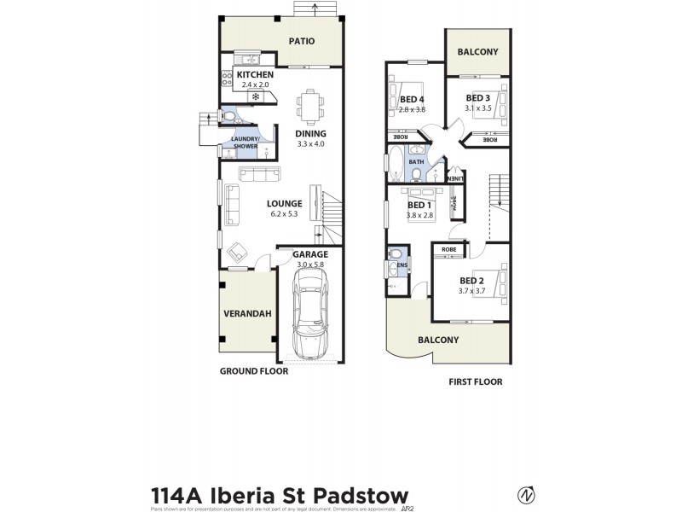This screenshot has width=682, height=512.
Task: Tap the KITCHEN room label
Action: point(254,75)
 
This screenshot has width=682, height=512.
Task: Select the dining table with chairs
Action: point(309,108)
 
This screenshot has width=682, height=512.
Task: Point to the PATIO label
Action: point(301,40)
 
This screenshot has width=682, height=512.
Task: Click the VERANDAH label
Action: point(247,314)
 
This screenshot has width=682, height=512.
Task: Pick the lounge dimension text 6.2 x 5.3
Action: point(284,214)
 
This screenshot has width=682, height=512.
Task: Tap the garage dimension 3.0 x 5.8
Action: point(310,265)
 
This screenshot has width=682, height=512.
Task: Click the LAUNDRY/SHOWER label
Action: point(246,143)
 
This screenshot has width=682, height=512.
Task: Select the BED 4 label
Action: point(412,99)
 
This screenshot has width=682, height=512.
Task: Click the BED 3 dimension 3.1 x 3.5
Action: point(478,108)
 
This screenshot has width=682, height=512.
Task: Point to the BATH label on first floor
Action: point(416,161)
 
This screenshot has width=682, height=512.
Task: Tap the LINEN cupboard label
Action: point(457,178)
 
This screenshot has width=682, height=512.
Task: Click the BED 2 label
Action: point(471,281)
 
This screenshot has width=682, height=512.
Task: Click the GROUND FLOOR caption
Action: point(253,371)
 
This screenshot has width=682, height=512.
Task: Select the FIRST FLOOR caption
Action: point(475,382)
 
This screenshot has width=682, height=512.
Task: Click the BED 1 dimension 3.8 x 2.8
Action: point(420,216)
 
